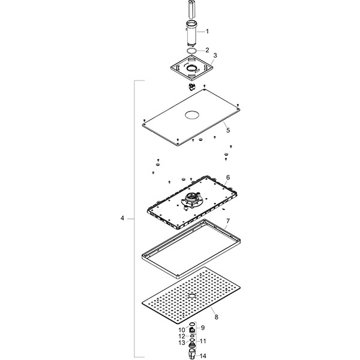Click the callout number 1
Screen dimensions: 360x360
point(208,31)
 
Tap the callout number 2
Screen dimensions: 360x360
point(208,50)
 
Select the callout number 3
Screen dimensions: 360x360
point(215,55)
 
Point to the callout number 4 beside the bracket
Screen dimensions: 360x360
point(122,218)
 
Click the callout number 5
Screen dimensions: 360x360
point(227,129)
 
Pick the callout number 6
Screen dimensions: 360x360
point(228,178)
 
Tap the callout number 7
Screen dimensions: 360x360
point(228,221)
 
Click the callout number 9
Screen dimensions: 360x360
point(203,327)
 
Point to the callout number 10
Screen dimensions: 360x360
point(182,331)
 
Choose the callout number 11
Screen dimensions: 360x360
point(203,340)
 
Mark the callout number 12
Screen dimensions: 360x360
point(182,337)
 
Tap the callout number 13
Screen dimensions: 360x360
point(182,343)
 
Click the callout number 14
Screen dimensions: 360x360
point(203,356)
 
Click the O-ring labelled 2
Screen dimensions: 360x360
point(191,51)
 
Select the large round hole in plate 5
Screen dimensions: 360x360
point(194,115)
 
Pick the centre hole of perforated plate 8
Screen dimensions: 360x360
point(191,296)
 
